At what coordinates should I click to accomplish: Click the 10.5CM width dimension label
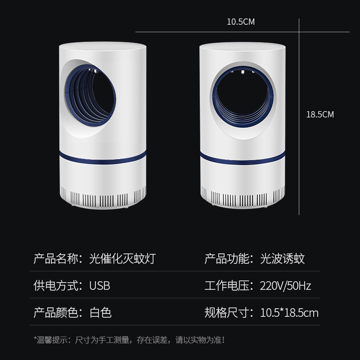point(241,22)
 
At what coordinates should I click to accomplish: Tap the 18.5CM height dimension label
point(320,114)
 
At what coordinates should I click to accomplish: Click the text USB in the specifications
point(99,286)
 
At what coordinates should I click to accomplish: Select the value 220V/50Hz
point(285,286)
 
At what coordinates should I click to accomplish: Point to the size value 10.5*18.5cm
point(289,313)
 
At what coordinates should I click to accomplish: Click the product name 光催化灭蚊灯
point(122,259)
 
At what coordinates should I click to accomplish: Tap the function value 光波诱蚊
point(283,259)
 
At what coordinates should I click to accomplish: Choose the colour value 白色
point(100,313)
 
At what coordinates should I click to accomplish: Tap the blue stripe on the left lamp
point(103,157)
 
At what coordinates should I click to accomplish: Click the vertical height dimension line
point(299,117)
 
